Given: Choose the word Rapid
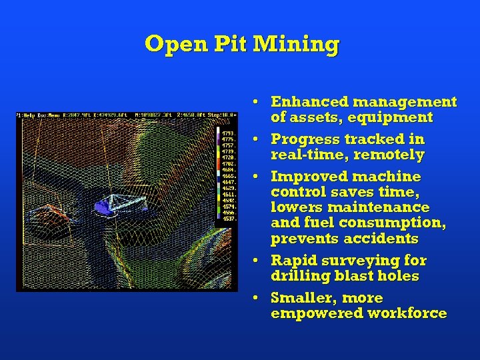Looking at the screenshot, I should click(291, 260).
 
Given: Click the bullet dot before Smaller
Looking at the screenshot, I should click(256, 298).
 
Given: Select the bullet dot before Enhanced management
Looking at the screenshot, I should click(256, 102).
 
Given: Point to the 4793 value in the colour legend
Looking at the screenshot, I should click(227, 133).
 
